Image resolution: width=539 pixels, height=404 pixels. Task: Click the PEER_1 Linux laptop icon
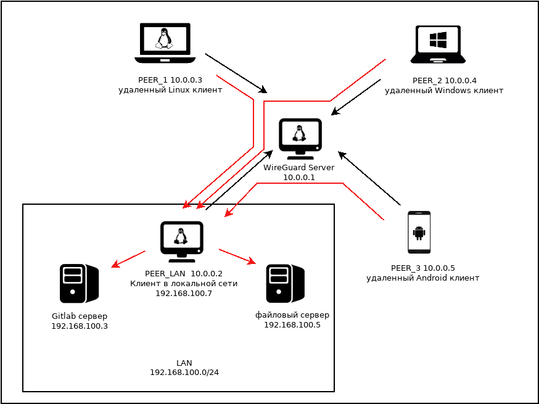(165, 43)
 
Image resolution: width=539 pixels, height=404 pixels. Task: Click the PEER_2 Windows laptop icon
(438, 44)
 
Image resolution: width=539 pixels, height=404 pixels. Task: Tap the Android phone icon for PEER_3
(419, 233)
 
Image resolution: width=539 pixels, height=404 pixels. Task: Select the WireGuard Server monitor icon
(300, 138)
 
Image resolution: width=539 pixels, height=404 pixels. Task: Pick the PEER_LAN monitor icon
(181, 241)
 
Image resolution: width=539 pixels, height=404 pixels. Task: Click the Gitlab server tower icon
(79, 283)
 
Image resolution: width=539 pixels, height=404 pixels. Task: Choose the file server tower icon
(285, 283)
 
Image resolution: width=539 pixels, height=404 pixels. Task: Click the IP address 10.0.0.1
(299, 178)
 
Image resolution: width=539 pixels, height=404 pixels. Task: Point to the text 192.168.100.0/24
(184, 373)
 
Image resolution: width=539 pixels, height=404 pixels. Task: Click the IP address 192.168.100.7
(184, 294)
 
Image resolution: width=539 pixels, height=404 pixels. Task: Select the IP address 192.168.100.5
(292, 325)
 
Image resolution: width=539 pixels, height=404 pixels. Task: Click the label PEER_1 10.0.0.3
(170, 80)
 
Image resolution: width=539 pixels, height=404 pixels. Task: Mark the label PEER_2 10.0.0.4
(444, 81)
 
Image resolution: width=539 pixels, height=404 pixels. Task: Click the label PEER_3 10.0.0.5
(423, 268)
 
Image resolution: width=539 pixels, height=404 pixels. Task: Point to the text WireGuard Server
(299, 168)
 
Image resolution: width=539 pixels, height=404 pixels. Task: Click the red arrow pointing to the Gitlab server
(128, 259)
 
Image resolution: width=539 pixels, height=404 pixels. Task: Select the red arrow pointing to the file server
(237, 257)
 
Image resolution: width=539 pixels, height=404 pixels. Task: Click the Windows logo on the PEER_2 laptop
(438, 40)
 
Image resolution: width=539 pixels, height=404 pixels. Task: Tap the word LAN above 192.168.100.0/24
(184, 363)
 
